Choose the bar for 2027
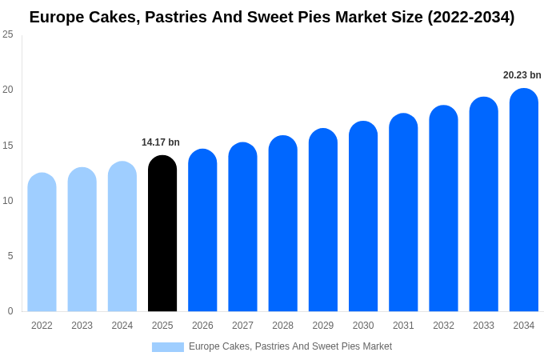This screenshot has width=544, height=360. click(x=242, y=227)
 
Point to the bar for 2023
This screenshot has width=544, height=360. click(x=82, y=239)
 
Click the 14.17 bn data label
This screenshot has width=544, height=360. click(x=161, y=142)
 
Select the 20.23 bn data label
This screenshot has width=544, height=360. click(x=522, y=75)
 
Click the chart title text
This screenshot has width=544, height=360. click(x=272, y=17)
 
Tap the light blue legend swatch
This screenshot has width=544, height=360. click(x=168, y=346)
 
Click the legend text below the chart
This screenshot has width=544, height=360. click(x=290, y=346)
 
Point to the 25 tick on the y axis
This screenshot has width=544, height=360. click(x=8, y=34)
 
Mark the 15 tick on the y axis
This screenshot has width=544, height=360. click(x=8, y=145)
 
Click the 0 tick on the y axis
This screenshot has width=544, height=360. click(x=10, y=311)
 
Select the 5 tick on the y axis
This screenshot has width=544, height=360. click(x=10, y=256)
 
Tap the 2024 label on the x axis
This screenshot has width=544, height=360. click(x=122, y=326)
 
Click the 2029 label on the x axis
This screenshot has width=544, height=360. click(x=323, y=326)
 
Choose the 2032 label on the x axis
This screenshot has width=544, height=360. click(x=443, y=326)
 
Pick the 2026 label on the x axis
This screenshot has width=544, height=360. click(x=202, y=326)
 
